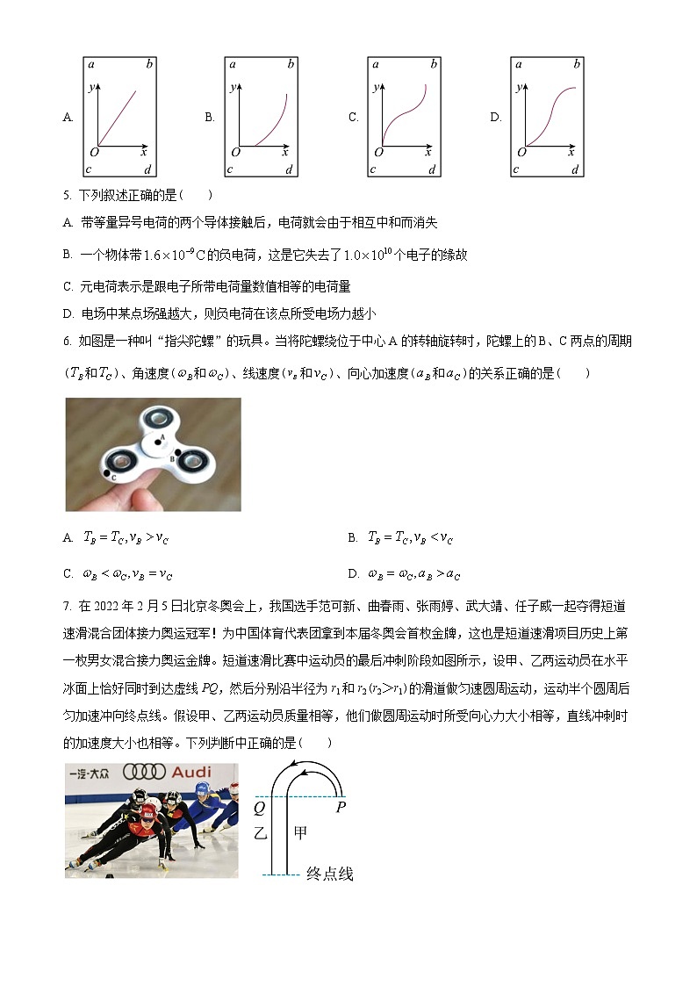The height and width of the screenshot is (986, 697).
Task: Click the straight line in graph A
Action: coord(118,116)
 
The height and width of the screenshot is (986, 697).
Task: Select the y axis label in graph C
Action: coord(376,87)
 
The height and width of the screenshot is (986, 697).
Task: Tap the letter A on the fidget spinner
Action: coord(162,436)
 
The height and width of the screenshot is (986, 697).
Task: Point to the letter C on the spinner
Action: coord(114,476)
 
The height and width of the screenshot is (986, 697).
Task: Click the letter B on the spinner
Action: coord(172,457)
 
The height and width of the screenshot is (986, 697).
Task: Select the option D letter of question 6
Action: coord(352,574)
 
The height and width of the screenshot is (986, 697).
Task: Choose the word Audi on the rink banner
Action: coord(190,772)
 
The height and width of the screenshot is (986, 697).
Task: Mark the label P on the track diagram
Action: coord(340,807)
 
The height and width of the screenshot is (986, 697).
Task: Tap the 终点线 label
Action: coord(329,874)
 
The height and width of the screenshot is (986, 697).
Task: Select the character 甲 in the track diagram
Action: coord(300,833)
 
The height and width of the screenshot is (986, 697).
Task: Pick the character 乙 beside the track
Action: coord(260,833)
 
